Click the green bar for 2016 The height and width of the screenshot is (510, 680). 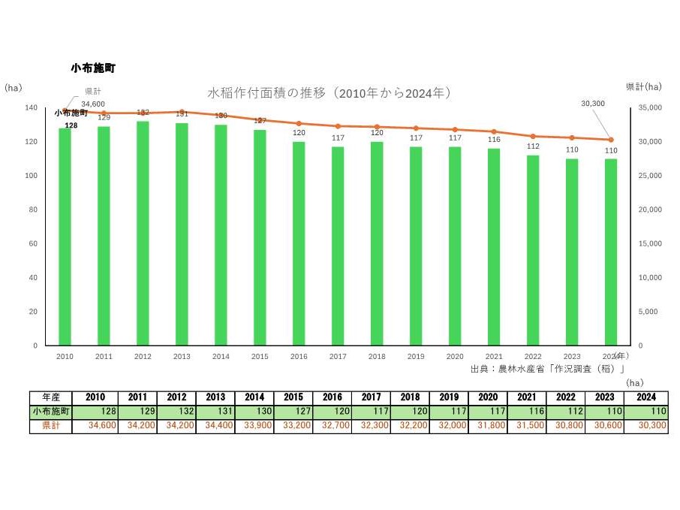click(299, 244)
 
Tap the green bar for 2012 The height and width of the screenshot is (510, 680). click(143, 234)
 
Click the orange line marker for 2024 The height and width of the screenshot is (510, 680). click(611, 140)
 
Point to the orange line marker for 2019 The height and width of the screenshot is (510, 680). click(416, 128)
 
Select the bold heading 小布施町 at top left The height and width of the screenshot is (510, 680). click(93, 68)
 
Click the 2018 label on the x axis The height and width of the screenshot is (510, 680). click(377, 356)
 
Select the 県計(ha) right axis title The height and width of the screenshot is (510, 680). click(644, 87)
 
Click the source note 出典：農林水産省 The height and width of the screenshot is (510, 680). click(549, 369)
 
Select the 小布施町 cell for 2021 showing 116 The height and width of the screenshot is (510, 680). click(488, 412)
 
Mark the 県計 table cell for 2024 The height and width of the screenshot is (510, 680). click(645, 425)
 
